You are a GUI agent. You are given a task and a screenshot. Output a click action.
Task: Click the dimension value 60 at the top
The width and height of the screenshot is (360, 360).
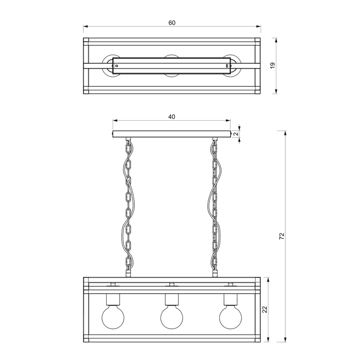pyautogui.click(x=172, y=23)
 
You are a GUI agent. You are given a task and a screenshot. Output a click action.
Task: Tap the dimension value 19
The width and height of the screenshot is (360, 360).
pyautogui.click(x=272, y=66)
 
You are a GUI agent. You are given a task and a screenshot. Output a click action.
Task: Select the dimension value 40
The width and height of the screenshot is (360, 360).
pyautogui.click(x=172, y=117)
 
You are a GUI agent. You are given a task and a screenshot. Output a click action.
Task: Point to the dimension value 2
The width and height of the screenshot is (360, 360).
pyautogui.click(x=235, y=134)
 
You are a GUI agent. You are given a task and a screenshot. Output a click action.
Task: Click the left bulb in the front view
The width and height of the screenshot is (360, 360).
pyautogui.click(x=112, y=318)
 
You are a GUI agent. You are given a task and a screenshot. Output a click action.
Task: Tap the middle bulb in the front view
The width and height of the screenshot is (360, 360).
pyautogui.click(x=171, y=318)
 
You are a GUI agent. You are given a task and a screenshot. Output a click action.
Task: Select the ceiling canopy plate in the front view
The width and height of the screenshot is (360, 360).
pyautogui.click(x=172, y=134)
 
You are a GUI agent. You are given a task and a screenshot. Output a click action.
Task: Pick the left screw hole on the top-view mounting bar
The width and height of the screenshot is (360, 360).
pyautogui.click(x=116, y=66)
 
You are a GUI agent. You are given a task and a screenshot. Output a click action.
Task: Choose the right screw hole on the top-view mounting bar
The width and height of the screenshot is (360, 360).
pyautogui.click(x=226, y=66)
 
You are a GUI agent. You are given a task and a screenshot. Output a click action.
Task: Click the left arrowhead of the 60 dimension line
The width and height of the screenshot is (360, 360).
pyautogui.click(x=85, y=27)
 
